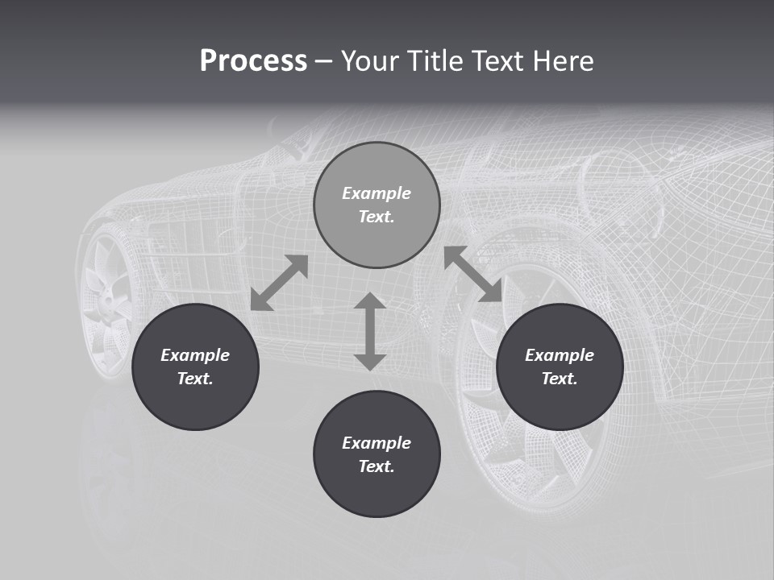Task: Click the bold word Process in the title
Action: [253, 61]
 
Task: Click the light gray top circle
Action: [377, 234]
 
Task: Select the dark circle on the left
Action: [195, 403]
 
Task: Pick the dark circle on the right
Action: [560, 403]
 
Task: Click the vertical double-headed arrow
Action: [370, 331]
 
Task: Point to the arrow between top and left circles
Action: [279, 283]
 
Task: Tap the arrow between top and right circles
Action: [472, 274]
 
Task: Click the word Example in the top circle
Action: [377, 193]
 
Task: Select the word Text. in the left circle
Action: [195, 379]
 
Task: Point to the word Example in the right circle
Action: [560, 355]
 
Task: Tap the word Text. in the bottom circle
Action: [377, 466]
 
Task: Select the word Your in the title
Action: [370, 61]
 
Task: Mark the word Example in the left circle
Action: [195, 355]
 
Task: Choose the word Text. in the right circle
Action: [560, 379]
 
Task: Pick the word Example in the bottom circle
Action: [377, 443]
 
